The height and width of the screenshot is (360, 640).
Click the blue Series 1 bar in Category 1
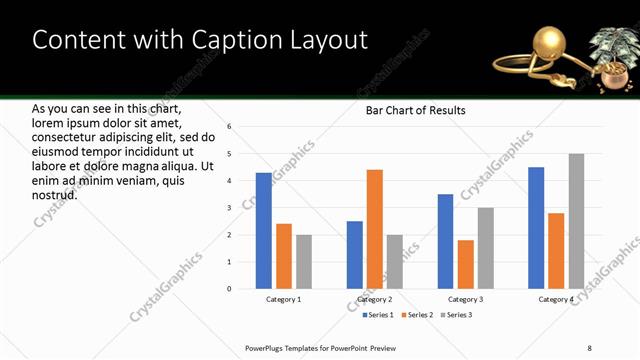(x=263, y=231)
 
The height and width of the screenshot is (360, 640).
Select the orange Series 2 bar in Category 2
(x=375, y=229)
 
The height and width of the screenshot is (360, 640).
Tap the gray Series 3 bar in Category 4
(x=576, y=221)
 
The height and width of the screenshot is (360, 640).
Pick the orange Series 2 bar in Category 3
(x=466, y=264)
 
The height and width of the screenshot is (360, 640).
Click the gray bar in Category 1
(x=303, y=262)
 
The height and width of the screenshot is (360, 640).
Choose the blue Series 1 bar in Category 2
(x=355, y=255)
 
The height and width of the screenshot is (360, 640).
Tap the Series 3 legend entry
(x=455, y=316)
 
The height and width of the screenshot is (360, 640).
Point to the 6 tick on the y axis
(x=229, y=127)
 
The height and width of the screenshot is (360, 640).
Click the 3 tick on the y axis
(x=229, y=208)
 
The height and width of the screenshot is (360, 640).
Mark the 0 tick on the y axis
(x=229, y=289)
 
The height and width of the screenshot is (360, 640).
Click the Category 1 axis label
(x=283, y=300)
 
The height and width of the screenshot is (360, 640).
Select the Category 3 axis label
(x=466, y=300)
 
